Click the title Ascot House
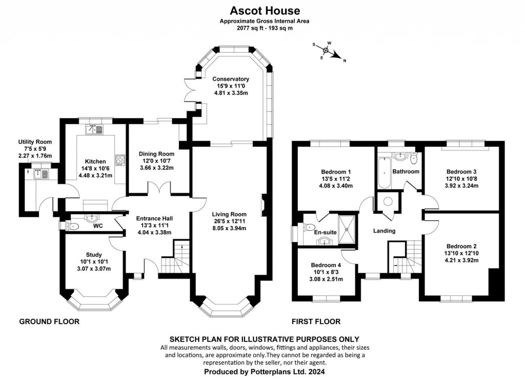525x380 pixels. [264, 10]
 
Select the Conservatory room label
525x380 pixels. [230, 79]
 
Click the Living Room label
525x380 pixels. [230, 214]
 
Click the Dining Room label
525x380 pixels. [157, 154]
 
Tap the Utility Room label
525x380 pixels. [35, 142]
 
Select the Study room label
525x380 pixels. [94, 254]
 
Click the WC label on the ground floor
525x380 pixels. [98, 225]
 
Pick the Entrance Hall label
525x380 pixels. [152, 218]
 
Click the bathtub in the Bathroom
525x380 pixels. [382, 174]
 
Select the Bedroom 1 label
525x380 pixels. [336, 172]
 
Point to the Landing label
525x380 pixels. [384, 231]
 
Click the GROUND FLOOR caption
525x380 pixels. [49, 322]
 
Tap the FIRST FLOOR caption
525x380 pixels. [316, 322]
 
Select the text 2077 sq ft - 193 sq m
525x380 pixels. [264, 28]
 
